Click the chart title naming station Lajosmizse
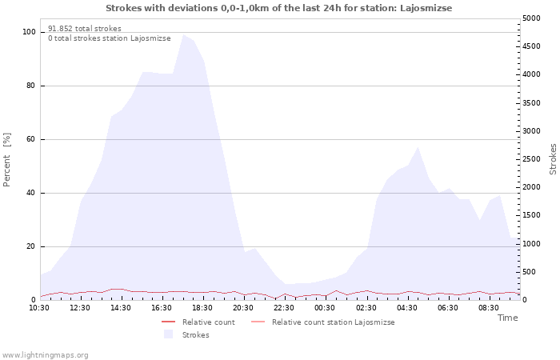[x=278, y=8]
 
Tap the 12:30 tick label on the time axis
[x=80, y=308]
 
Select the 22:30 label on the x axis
[x=284, y=308]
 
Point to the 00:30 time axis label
[x=325, y=308]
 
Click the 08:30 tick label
[x=489, y=308]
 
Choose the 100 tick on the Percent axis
[x=29, y=32]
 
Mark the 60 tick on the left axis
[x=31, y=139]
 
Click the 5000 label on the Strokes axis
[x=531, y=18]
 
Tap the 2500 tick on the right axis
[x=531, y=159]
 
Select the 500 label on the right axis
[x=530, y=272]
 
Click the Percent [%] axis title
[x=6, y=160]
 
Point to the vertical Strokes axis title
[x=553, y=159]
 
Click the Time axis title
[x=508, y=318]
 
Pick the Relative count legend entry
[x=198, y=322]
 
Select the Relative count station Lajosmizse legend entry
[x=323, y=322]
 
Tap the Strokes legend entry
[x=186, y=334]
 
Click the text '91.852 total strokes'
[x=85, y=29]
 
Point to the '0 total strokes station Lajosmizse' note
[x=110, y=38]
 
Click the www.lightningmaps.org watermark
[x=44, y=355]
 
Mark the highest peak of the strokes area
[x=183, y=34]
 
